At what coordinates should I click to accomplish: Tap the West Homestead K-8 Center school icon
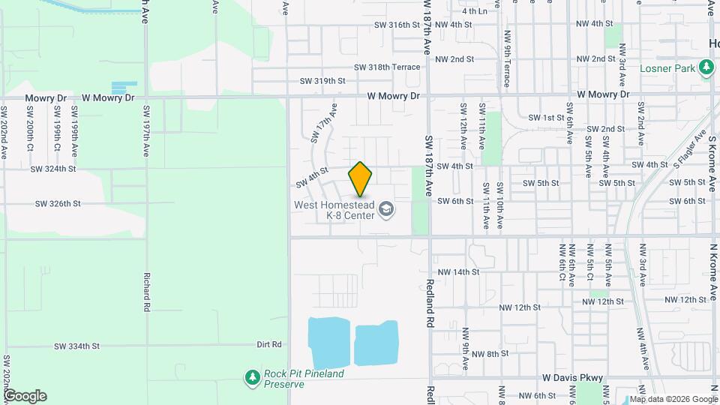pyautogui.click(x=386, y=208)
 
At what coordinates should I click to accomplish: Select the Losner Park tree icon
pyautogui.click(x=706, y=68)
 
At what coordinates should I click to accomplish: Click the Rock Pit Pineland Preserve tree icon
pyautogui.click(x=253, y=377)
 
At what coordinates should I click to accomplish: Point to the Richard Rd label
pyautogui.click(x=147, y=291)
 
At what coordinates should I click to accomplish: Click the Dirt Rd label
pyautogui.click(x=268, y=345)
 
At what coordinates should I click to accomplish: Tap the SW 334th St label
pyautogui.click(x=78, y=346)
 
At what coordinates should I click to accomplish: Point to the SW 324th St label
pyautogui.click(x=53, y=169)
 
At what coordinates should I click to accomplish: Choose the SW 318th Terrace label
pyautogui.click(x=388, y=67)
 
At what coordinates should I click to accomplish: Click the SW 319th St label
pyautogui.click(x=322, y=81)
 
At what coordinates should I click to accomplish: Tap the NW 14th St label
pyautogui.click(x=456, y=272)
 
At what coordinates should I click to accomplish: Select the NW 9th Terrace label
pyautogui.click(x=507, y=65)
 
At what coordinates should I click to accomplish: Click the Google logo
pyautogui.click(x=25, y=396)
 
